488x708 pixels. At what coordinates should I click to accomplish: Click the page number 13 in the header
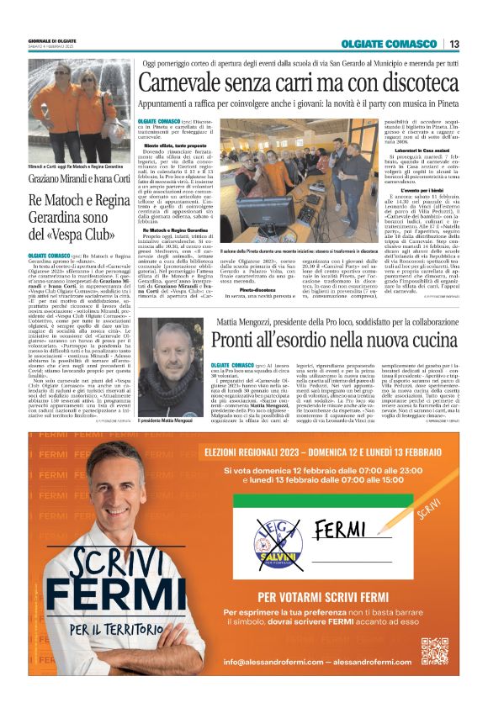click(454, 44)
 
